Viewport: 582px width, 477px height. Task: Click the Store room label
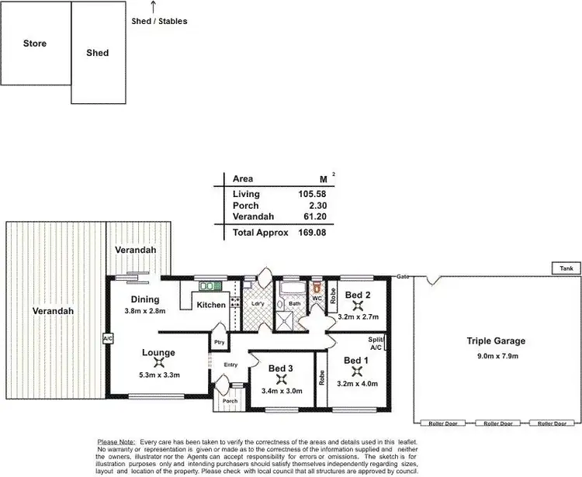pos(34,43)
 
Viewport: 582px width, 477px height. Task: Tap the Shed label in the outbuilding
pos(98,54)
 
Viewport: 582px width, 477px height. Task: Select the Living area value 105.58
pos(320,194)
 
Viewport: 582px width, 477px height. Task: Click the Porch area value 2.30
pos(325,206)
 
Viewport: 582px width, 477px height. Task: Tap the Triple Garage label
pos(496,340)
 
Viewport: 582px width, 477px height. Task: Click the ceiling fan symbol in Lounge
pos(158,363)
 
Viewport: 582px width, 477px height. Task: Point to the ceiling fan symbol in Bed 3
pos(285,378)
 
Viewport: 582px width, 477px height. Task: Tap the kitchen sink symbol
pos(210,287)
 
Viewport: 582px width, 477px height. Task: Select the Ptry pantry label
pos(219,341)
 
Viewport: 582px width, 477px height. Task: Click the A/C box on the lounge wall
pos(107,339)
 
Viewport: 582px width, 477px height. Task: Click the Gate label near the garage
pos(403,277)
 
